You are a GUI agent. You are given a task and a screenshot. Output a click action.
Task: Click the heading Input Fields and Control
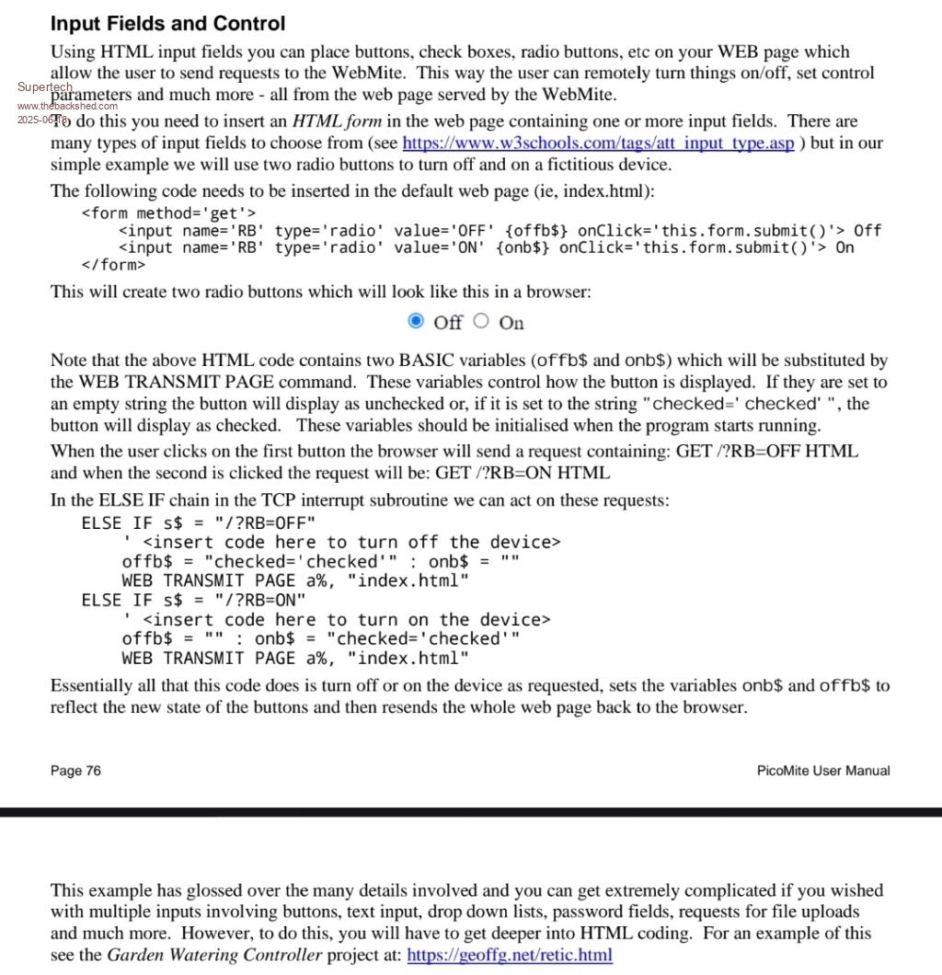[167, 24]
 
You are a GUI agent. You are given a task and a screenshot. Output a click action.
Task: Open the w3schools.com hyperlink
[598, 143]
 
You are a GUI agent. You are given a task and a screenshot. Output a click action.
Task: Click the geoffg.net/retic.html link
[509, 955]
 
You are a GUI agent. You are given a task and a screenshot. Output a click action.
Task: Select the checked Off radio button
[416, 321]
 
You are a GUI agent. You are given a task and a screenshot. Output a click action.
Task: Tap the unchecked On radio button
[482, 321]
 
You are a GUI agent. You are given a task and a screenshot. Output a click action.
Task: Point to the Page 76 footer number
[75, 771]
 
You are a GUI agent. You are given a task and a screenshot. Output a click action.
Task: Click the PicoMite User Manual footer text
[823, 771]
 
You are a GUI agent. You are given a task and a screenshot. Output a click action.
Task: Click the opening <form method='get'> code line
[168, 213]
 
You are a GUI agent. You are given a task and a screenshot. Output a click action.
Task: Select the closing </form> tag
[113, 265]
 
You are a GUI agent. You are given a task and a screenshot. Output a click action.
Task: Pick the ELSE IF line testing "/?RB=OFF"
[199, 522]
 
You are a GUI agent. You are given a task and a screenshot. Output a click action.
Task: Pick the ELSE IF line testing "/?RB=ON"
[193, 600]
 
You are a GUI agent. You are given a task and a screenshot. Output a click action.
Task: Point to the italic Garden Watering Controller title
[215, 955]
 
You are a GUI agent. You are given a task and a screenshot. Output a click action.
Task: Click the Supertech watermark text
[44, 87]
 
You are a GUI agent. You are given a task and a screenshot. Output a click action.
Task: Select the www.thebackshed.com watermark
[62, 106]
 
